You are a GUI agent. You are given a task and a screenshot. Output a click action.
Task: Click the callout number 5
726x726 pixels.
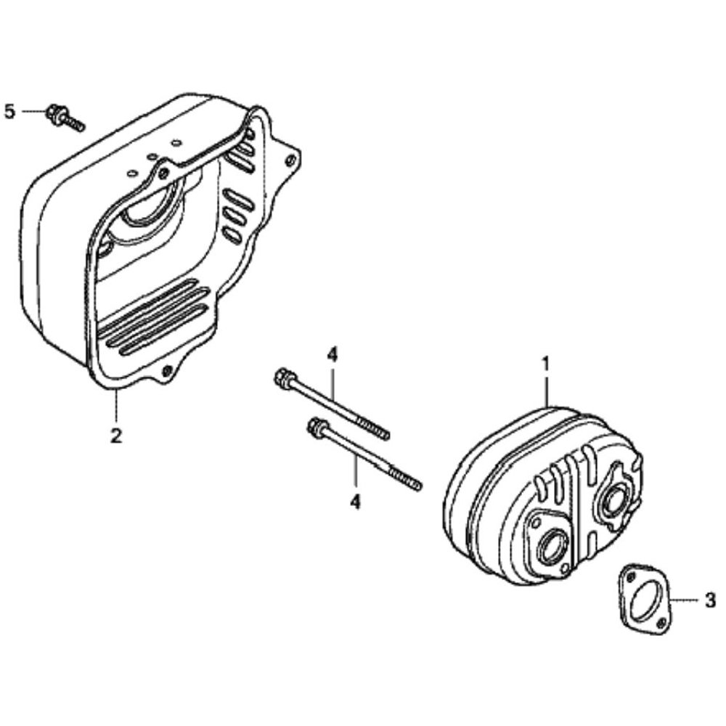pyautogui.click(x=9, y=112)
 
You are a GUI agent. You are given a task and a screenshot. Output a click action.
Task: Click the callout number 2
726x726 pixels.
pyautogui.click(x=115, y=436)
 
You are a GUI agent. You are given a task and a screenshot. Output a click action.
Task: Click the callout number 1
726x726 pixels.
pyautogui.click(x=546, y=364)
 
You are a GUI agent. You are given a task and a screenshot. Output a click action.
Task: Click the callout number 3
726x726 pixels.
pyautogui.click(x=710, y=600)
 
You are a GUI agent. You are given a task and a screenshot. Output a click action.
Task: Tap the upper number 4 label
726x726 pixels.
pyautogui.click(x=332, y=355)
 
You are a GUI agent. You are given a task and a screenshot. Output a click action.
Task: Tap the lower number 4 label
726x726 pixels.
pyautogui.click(x=355, y=502)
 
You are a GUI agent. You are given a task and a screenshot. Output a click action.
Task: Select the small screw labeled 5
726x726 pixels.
pyautogui.click(x=65, y=118)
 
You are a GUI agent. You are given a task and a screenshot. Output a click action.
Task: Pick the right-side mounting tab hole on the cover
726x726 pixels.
pyautogui.click(x=291, y=160)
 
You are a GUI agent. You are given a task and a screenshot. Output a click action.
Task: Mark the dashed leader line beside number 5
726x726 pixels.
pyautogui.click(x=33, y=112)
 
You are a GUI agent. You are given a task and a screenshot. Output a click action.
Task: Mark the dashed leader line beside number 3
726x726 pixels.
pyautogui.click(x=685, y=600)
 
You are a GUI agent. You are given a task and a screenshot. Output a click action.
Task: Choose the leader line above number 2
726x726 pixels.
pyautogui.click(x=115, y=406)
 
